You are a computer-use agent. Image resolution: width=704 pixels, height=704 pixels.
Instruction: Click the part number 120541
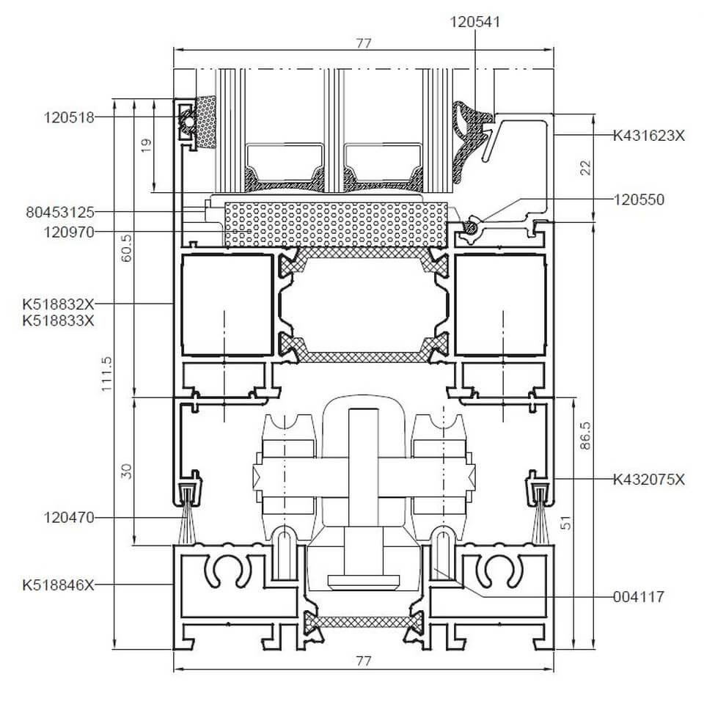tap(474, 22)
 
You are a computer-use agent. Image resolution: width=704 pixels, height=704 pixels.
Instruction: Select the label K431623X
tap(649, 135)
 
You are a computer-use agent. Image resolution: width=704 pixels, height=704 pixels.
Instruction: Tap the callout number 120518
tap(69, 117)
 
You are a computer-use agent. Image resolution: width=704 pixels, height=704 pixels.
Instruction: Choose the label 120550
tap(639, 199)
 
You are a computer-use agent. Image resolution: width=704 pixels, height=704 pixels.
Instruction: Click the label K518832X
tap(59, 303)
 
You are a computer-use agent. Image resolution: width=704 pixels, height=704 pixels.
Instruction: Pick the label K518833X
tap(59, 320)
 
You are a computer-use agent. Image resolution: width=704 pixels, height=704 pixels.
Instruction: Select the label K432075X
tap(649, 480)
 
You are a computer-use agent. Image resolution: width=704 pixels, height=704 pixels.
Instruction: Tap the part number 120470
tap(69, 518)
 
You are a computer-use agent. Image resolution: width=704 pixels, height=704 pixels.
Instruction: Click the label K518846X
tap(59, 584)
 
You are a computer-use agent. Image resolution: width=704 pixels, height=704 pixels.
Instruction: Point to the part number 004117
tap(639, 597)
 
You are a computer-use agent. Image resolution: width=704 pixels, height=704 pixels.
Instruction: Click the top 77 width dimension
tap(364, 43)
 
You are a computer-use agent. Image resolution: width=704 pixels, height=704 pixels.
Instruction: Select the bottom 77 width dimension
tap(364, 661)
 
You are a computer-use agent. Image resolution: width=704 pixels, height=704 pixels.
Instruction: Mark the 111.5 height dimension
tap(108, 374)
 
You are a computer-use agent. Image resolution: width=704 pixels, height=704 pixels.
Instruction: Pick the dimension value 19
tap(145, 146)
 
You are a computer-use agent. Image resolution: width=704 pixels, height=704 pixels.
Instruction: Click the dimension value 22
tap(584, 167)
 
